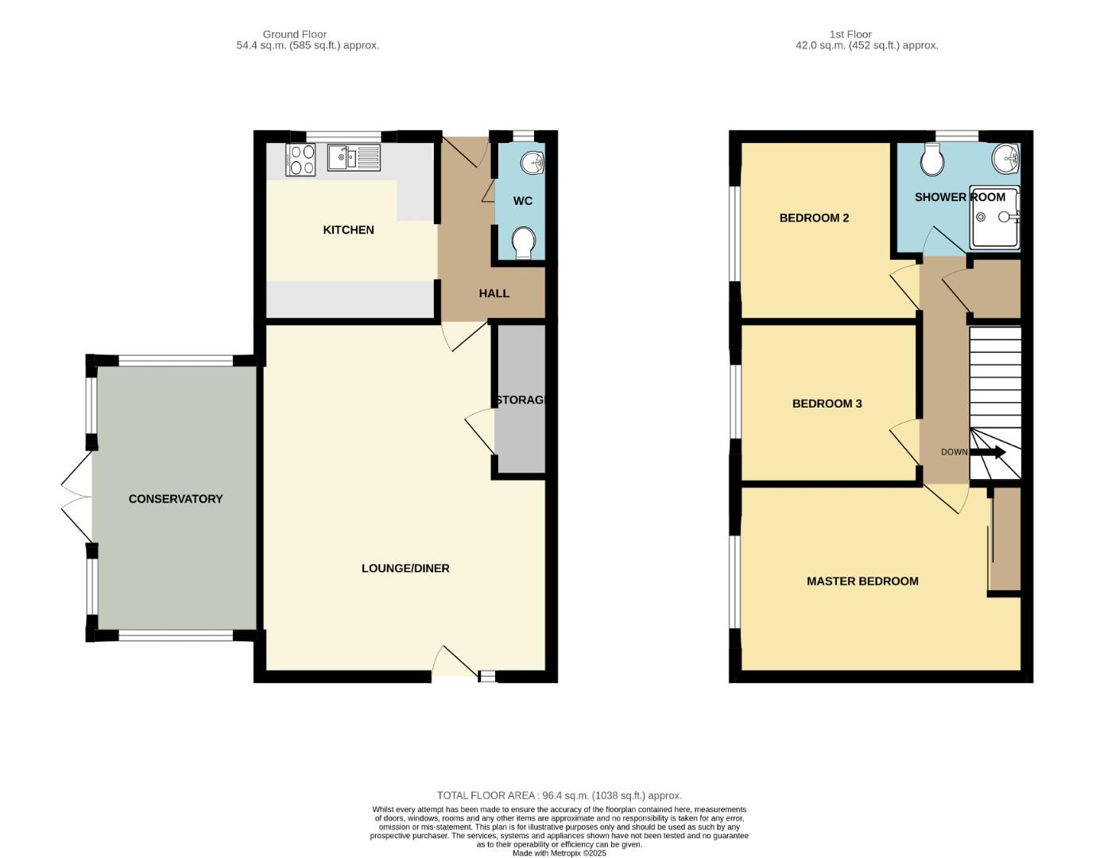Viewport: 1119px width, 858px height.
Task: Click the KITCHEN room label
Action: (x=348, y=230)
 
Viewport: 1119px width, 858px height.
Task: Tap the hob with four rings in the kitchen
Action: (x=300, y=160)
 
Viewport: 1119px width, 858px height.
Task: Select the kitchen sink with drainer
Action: (x=354, y=157)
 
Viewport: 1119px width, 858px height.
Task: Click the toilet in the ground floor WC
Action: (x=523, y=242)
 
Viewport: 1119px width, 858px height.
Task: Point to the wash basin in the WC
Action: (x=532, y=162)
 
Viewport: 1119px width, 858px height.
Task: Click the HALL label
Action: (x=494, y=294)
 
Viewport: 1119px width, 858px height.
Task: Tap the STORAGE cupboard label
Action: (x=521, y=400)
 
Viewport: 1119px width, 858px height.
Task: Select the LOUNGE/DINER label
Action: (x=405, y=569)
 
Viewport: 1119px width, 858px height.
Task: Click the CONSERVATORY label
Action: (x=176, y=499)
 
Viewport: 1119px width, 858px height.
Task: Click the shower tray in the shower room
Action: (x=993, y=218)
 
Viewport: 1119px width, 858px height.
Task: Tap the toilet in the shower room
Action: (x=932, y=161)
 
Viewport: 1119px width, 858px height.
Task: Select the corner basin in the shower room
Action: (x=1007, y=158)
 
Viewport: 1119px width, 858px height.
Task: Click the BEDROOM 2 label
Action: (x=814, y=218)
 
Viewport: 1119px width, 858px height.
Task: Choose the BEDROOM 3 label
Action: (x=827, y=404)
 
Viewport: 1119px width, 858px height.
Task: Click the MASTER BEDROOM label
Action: (x=862, y=582)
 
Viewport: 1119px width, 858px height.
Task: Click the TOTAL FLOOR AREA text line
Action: (x=559, y=795)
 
